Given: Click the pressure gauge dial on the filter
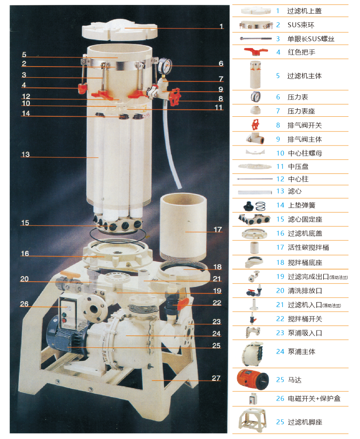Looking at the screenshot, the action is tap(165, 66).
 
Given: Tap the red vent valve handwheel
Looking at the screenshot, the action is tap(175, 97).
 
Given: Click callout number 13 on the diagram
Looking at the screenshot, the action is tap(25, 154).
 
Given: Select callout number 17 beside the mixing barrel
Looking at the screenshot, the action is tap(218, 229).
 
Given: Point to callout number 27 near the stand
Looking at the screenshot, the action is tap(216, 378).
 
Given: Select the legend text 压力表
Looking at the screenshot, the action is tap(298, 97).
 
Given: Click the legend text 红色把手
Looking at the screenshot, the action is tap(302, 52).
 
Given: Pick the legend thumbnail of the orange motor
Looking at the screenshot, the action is tap(252, 379).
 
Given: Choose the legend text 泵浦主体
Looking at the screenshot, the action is tap(302, 351).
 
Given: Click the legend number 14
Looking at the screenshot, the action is tap(280, 205).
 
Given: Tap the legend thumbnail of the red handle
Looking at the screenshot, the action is tap(256, 51).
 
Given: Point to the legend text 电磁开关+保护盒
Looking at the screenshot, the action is tap(314, 398).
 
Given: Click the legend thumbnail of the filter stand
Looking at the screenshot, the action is tap(252, 420).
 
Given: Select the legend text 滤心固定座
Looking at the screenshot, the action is tap(305, 219).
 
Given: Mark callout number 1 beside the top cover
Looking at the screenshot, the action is tap(221, 26).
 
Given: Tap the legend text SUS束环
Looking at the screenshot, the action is tap(301, 25).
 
